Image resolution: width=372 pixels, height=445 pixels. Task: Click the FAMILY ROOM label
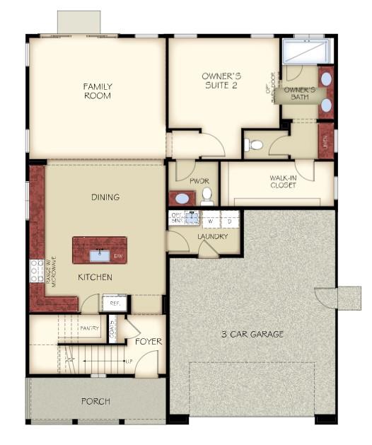point(98,91)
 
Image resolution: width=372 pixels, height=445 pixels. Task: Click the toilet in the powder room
point(207,194)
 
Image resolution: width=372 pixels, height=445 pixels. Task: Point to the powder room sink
point(182,199)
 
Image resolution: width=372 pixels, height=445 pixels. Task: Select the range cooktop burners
point(35,270)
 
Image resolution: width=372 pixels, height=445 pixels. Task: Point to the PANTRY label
point(90,328)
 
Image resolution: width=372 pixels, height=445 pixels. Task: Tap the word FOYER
point(149,342)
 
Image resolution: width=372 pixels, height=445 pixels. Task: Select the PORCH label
point(95,401)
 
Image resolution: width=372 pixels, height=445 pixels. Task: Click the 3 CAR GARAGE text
point(252,334)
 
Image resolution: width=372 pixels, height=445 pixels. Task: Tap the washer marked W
point(211,221)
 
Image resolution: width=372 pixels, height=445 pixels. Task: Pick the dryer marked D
point(230,221)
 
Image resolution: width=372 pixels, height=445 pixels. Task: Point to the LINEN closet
point(326,140)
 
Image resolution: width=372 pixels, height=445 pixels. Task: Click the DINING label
point(105,197)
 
